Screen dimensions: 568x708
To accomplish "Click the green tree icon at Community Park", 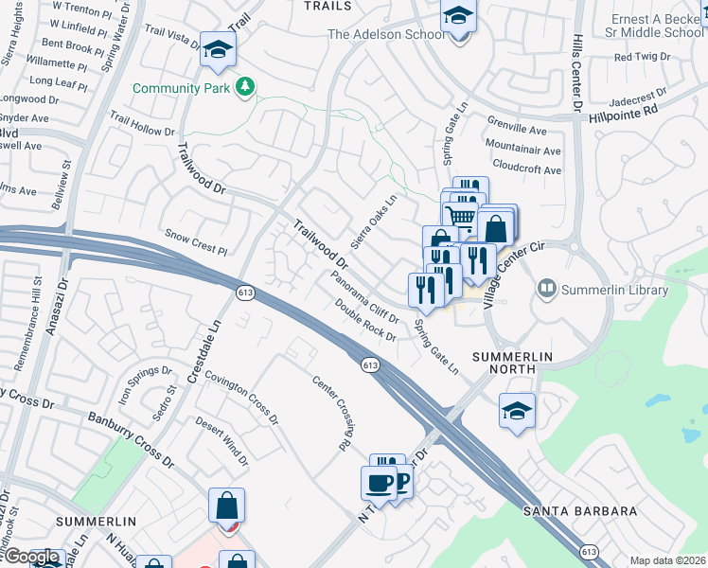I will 246,87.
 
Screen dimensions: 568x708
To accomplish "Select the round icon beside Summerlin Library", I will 545,287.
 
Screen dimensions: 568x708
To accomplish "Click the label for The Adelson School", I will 385,34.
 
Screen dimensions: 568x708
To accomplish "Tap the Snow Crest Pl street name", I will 197,242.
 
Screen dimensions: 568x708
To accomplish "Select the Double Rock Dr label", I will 365,321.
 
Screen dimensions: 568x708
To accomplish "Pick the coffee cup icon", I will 379,483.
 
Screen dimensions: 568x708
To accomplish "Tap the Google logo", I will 32,558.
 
